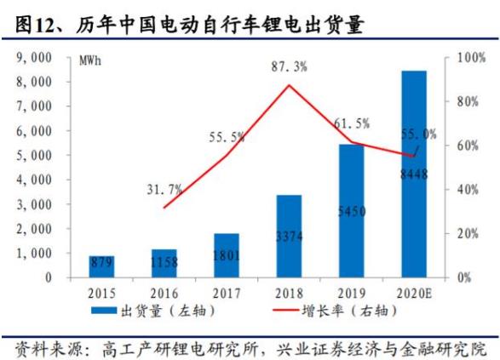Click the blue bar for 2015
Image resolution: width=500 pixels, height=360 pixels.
[x=102, y=266]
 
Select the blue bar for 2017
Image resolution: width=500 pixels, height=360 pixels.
[x=226, y=254]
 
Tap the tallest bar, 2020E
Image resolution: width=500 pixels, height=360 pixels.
[x=414, y=174]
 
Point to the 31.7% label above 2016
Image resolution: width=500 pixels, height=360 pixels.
[x=164, y=189]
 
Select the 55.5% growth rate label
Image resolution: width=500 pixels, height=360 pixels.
[x=227, y=136]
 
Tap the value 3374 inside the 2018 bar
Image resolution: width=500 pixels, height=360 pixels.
[x=289, y=235]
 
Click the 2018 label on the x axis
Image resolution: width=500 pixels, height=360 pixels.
[x=289, y=292]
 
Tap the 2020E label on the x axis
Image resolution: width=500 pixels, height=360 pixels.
[x=414, y=292]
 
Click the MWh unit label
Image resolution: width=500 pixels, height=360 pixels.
[x=91, y=61]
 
